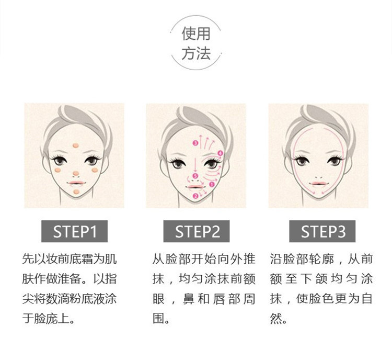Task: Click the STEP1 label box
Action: (x=75, y=231)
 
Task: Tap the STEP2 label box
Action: (x=197, y=231)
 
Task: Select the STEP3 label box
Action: (x=322, y=231)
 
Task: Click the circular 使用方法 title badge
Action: (x=196, y=43)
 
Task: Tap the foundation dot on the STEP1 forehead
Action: (x=75, y=145)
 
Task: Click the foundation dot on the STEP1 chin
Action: (x=76, y=192)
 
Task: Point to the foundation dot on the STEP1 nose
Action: (x=75, y=173)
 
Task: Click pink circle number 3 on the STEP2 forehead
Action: (x=195, y=143)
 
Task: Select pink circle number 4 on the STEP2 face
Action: (x=220, y=153)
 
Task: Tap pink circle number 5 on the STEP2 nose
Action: (x=195, y=176)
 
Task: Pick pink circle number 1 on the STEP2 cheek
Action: (x=212, y=185)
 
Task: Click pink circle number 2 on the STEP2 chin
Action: (x=195, y=196)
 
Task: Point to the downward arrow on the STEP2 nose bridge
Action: (x=195, y=163)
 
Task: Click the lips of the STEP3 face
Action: (x=319, y=184)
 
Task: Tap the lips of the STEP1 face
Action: (x=76, y=183)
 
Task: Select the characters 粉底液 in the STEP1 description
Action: (x=87, y=299)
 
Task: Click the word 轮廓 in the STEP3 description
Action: (x=321, y=259)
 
